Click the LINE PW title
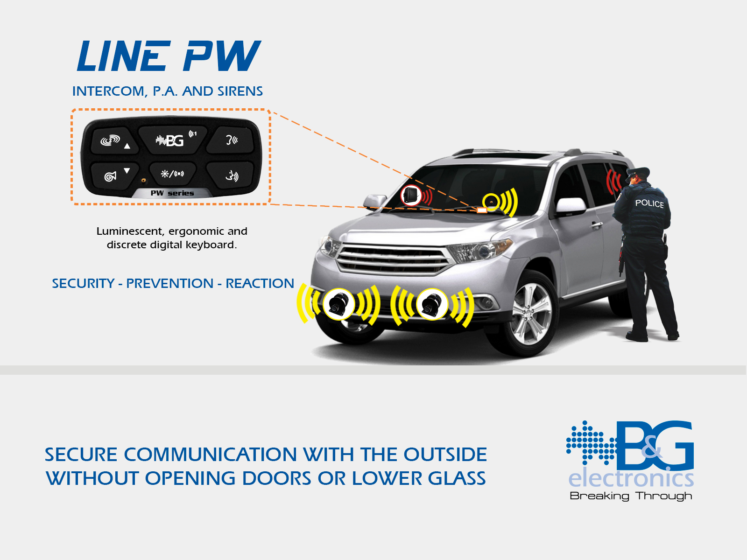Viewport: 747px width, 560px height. tap(169, 56)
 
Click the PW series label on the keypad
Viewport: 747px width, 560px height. tap(172, 193)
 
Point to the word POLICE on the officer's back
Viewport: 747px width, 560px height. tap(649, 203)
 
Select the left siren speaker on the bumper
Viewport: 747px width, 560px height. tap(338, 304)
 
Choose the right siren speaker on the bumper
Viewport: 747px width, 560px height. tap(432, 304)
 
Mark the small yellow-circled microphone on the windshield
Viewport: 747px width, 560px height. tap(491, 202)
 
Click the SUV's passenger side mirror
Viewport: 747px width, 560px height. tap(571, 206)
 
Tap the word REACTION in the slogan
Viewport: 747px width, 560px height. tap(260, 283)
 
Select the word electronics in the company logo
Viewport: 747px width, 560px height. tap(631, 479)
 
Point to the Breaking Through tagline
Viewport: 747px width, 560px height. tap(631, 496)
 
